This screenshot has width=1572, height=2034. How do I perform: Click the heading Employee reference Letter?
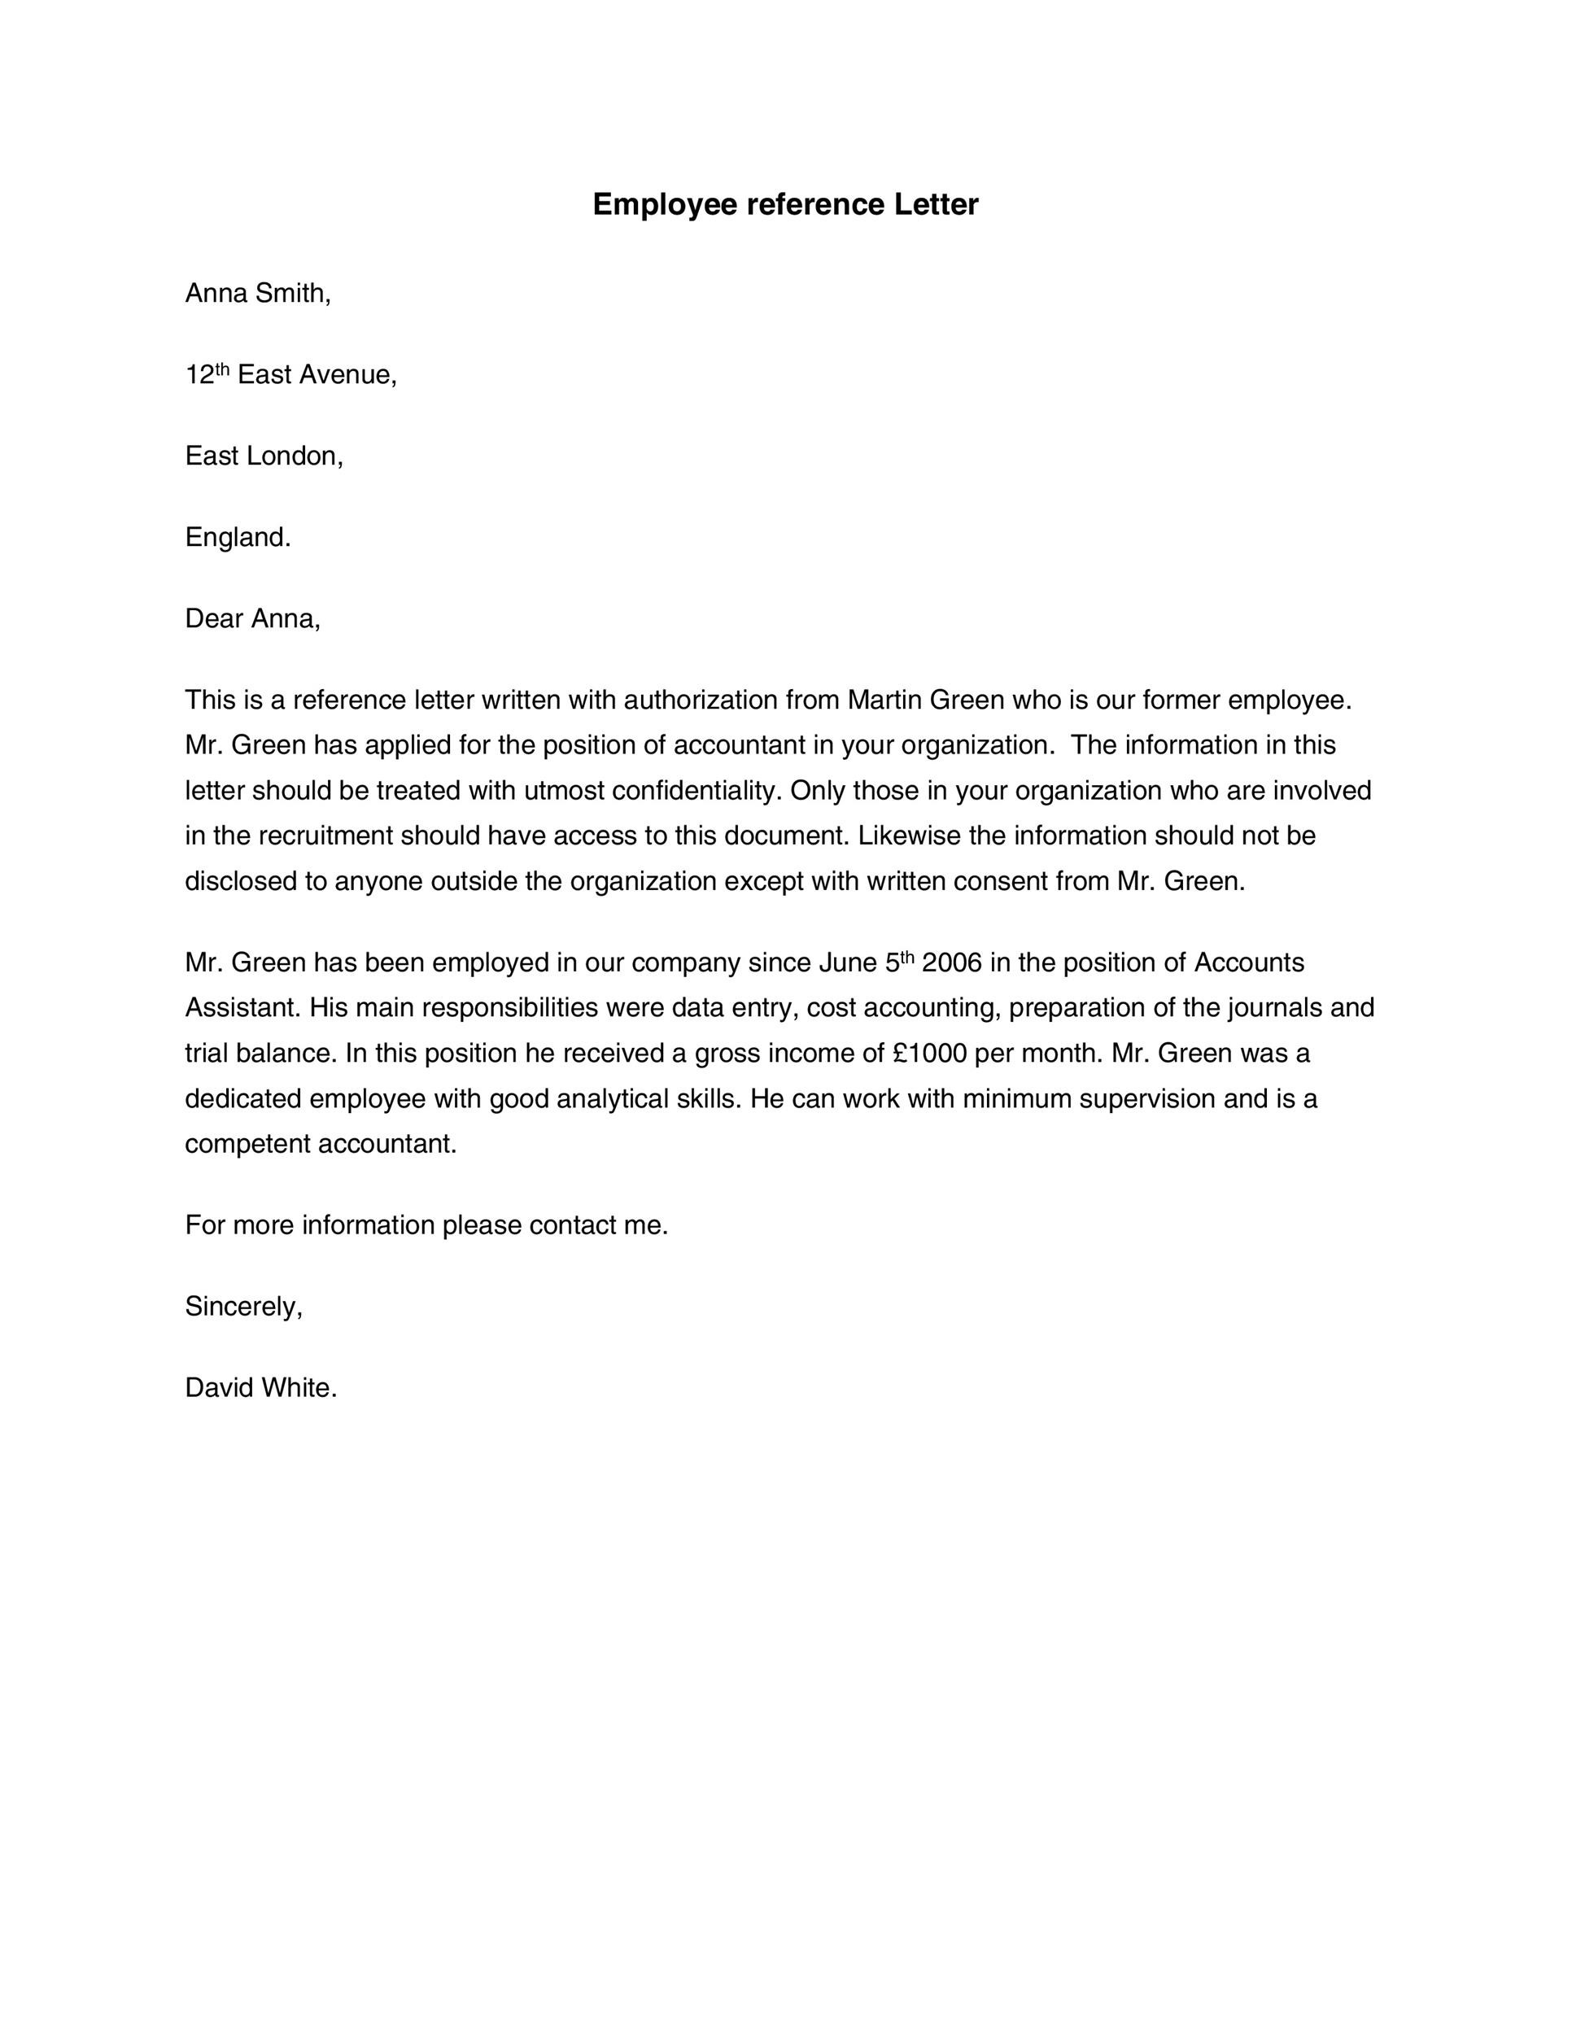tap(785, 205)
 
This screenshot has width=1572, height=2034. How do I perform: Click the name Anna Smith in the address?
tap(257, 295)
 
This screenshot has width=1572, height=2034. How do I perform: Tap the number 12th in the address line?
tap(206, 374)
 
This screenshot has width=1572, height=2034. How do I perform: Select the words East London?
tap(263, 456)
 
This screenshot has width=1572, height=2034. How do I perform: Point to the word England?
tap(237, 537)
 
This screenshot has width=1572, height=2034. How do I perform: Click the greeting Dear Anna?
tap(252, 618)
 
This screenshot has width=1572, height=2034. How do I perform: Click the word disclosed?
tap(240, 881)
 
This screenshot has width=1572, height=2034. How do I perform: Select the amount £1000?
tap(928, 1054)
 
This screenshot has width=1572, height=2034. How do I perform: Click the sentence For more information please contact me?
tap(426, 1225)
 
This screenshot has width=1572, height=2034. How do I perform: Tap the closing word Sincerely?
tap(243, 1307)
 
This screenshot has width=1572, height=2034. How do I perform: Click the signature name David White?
tap(260, 1388)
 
